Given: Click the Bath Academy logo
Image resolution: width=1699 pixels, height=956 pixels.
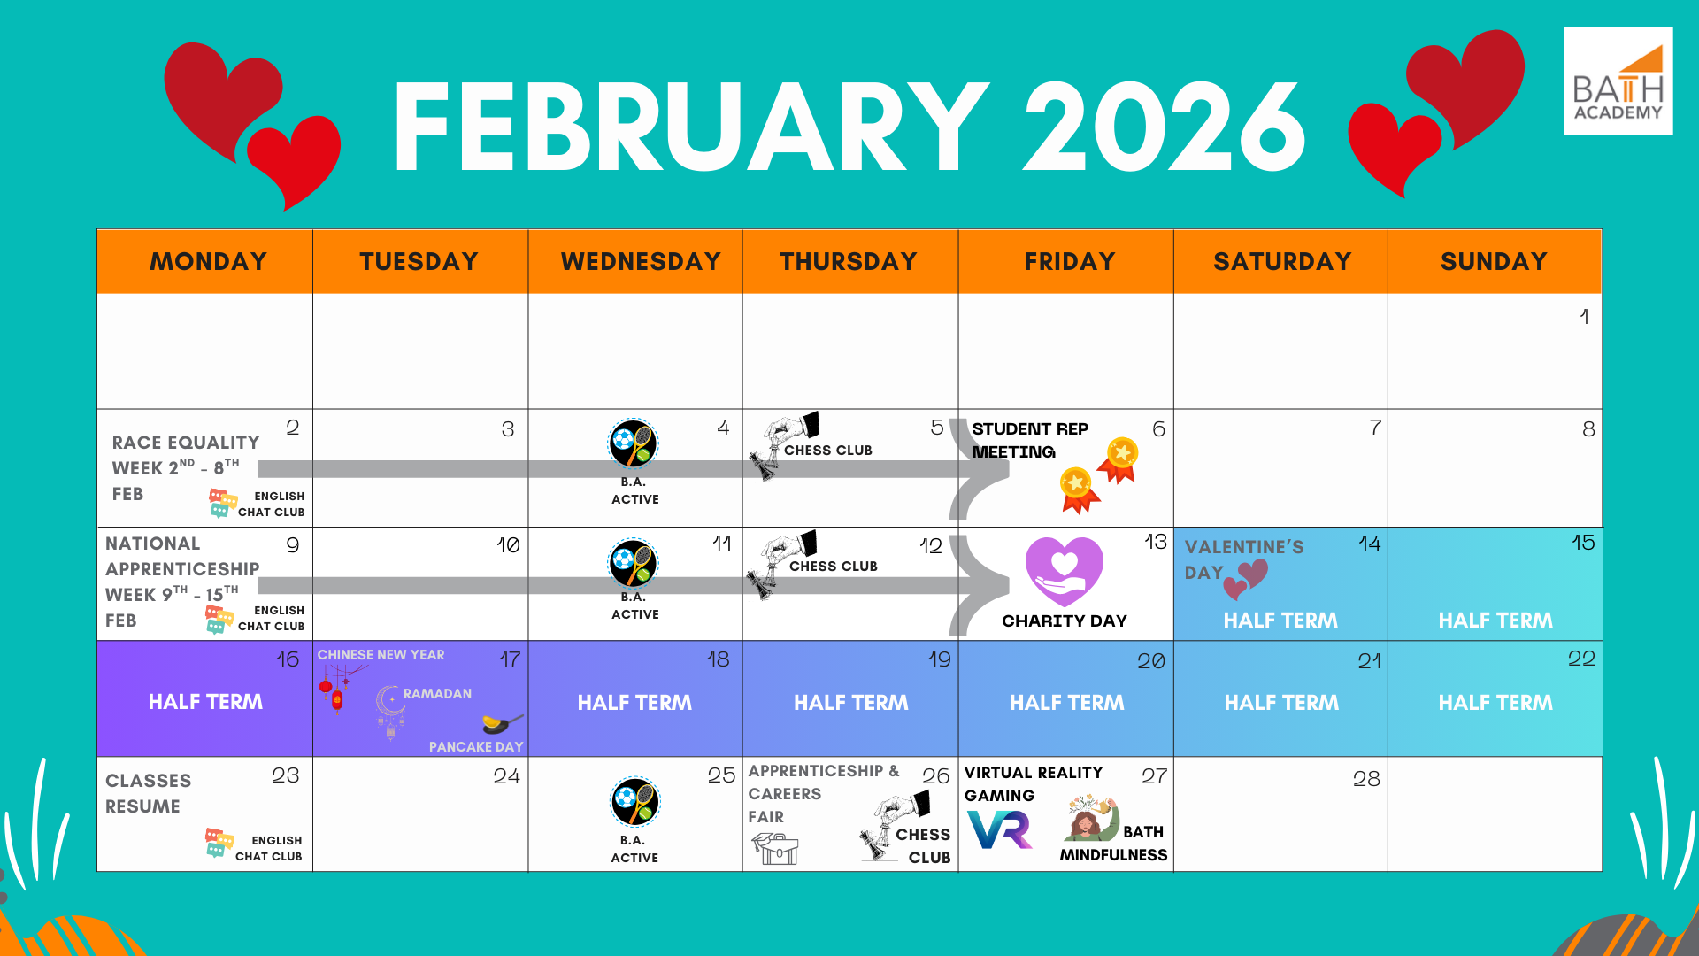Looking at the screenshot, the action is coord(1618,81).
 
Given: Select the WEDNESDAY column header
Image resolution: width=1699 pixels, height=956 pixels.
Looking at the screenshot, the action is coord(641,261).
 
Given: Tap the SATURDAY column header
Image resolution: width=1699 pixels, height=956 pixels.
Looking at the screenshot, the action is coord(1281,261).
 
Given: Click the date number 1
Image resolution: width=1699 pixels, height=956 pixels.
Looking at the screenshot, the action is coord(1584,316).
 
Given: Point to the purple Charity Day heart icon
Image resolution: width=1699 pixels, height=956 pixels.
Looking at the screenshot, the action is coord(1065,571).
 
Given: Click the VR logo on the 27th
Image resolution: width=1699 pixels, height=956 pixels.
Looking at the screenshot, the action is coord(1000,829).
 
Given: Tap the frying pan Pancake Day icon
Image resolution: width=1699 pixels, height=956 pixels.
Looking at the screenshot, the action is coord(503,723).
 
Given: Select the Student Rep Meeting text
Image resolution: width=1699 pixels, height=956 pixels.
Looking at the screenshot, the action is coord(1029,440).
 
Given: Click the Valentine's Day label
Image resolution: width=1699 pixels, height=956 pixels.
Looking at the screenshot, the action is coord(1243,559).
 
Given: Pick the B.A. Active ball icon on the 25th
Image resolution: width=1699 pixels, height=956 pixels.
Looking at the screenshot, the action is coord(634,802).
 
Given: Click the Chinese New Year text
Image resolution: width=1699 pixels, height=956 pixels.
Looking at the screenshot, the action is coord(381,655).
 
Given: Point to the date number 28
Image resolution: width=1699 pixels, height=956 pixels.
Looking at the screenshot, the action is coord(1366,779).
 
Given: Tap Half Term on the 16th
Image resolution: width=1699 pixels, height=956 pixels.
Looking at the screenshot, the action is coord(205,702).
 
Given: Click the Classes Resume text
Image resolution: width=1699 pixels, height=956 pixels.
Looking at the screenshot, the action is coord(148,793).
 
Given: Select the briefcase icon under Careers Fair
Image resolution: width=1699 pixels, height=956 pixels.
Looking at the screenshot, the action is coord(776,849).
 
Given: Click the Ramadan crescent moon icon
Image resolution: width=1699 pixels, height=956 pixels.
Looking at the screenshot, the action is coord(389,704).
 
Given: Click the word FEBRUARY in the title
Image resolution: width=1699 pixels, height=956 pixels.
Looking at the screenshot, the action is coord(691,127).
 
